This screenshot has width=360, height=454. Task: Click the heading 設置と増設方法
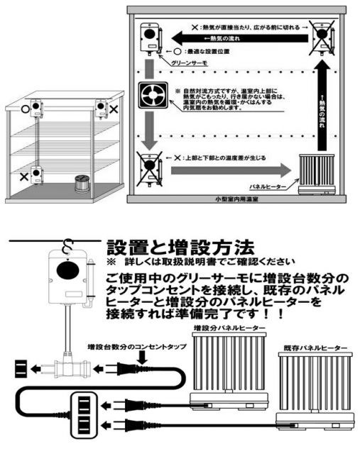179,248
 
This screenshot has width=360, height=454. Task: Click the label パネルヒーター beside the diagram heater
268,186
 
